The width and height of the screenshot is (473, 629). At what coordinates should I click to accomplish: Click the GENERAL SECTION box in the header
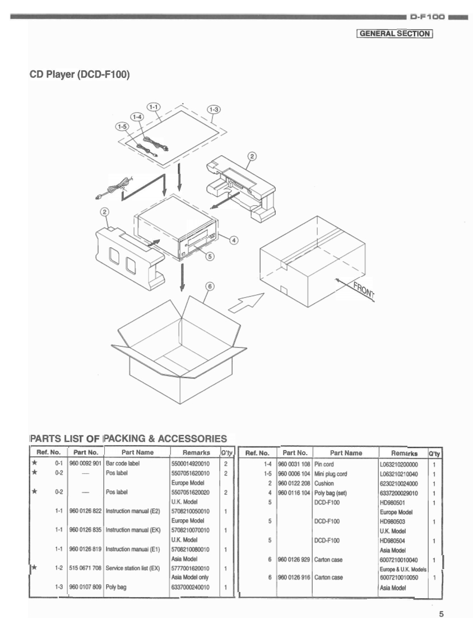[395, 33]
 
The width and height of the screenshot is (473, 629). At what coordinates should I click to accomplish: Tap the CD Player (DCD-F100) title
[80, 73]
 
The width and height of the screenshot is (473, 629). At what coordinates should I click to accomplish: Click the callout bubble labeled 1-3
[214, 109]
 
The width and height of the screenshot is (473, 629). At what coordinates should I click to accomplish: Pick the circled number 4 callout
[234, 239]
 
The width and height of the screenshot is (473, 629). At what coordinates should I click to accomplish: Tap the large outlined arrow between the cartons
[246, 303]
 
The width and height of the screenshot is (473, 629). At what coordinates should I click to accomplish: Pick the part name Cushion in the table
[324, 483]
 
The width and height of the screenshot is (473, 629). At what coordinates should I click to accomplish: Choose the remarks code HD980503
[392, 521]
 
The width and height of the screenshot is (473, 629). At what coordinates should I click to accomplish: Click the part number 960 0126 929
[294, 559]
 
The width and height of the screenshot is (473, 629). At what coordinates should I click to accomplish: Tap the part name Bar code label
[123, 464]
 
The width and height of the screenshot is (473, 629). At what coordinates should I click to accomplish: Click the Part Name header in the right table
[346, 452]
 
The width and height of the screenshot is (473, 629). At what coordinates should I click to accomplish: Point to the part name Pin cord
[324, 464]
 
